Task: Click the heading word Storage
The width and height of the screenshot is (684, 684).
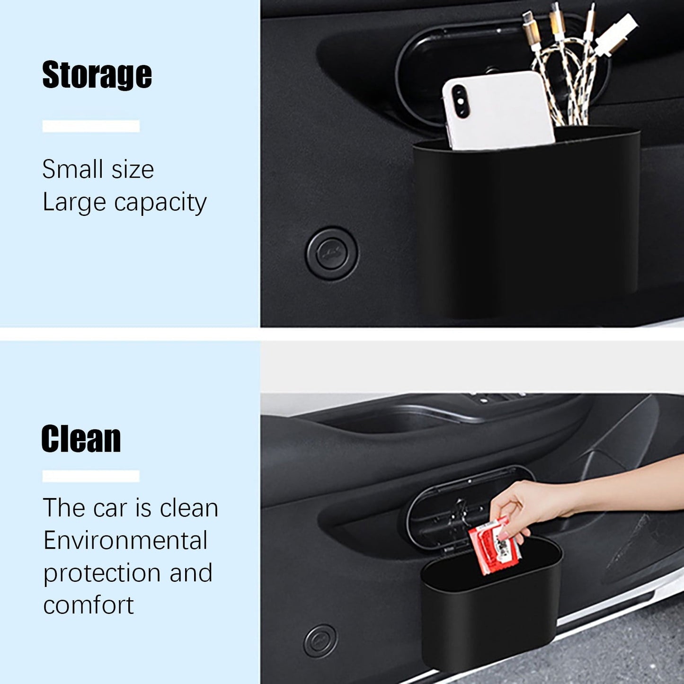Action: (97, 75)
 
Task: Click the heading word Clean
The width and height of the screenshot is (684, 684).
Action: (81, 439)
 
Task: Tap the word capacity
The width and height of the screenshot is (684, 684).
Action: (160, 203)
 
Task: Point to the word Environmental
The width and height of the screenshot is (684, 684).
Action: (125, 540)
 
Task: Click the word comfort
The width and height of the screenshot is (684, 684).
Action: (89, 605)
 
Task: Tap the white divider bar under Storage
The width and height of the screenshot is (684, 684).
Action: (91, 126)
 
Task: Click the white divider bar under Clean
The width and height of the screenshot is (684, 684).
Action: (91, 476)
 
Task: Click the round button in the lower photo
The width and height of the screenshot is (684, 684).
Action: (320, 640)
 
